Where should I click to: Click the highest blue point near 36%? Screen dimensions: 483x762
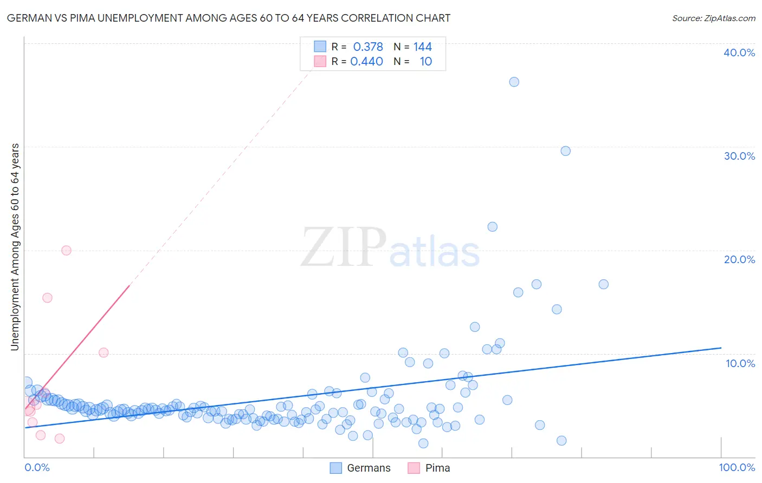click(514, 82)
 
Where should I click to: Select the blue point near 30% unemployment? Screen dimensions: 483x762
click(565, 151)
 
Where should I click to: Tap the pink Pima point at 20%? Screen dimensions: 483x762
click(66, 250)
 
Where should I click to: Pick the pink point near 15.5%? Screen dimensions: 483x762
click(47, 298)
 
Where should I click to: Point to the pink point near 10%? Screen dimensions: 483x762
click(104, 353)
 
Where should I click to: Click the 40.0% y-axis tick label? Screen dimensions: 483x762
click(739, 53)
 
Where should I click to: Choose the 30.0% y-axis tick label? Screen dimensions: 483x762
click(739, 156)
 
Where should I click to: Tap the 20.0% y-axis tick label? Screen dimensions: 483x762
click(739, 259)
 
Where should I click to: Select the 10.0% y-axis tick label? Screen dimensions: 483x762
click(740, 363)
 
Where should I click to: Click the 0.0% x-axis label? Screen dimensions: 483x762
click(37, 467)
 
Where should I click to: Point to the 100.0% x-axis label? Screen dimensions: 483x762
click(737, 467)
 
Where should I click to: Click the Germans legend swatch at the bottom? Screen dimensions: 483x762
click(336, 468)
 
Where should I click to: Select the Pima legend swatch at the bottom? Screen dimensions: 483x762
click(414, 468)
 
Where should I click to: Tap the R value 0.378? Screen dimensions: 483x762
click(368, 47)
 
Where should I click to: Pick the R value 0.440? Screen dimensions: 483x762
click(366, 61)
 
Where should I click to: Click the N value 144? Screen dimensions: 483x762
click(422, 47)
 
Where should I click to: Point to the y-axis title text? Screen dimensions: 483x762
click(15, 247)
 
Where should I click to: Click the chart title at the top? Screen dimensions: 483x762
click(229, 18)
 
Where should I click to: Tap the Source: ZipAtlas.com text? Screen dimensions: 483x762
click(713, 18)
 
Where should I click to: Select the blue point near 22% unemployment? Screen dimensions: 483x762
click(492, 227)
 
